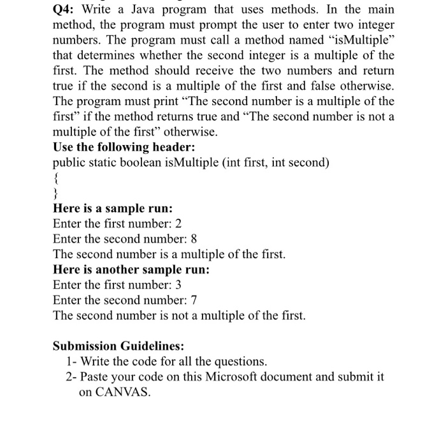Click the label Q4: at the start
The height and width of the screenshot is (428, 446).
pyautogui.click(x=64, y=11)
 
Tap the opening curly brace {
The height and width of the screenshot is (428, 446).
pyautogui.click(x=56, y=178)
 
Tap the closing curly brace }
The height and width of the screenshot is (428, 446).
pyautogui.click(x=56, y=193)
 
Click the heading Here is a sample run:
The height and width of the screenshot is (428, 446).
pyautogui.click(x=113, y=208)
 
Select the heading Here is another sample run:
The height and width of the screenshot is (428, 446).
pyautogui.click(x=131, y=269)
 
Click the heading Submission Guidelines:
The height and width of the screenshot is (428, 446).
pyautogui.click(x=118, y=346)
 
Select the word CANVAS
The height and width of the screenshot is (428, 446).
pyautogui.click(x=115, y=392)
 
